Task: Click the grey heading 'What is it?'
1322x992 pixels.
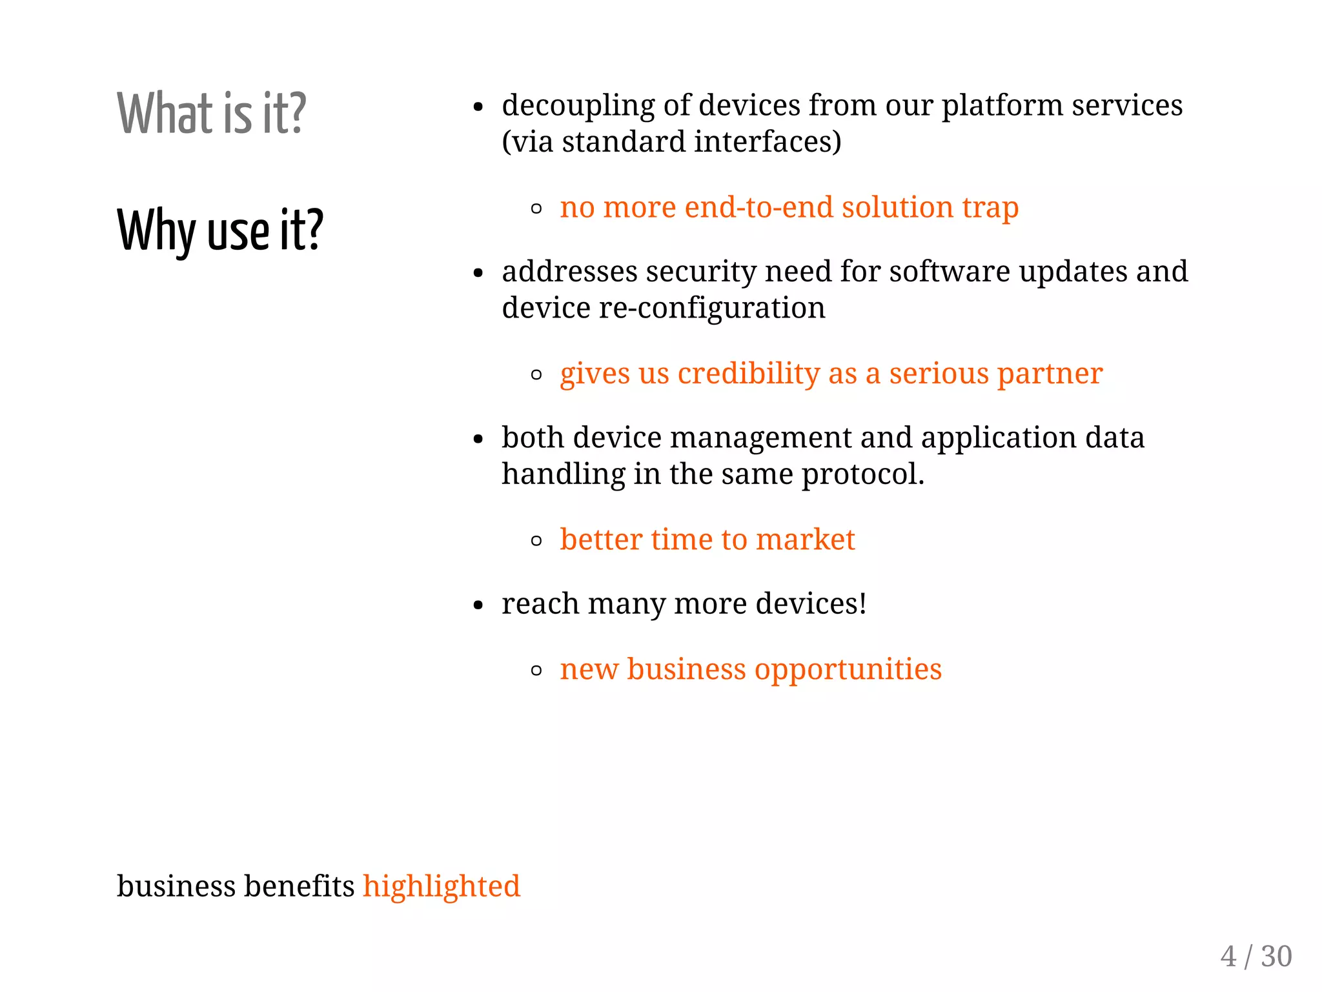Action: (x=211, y=114)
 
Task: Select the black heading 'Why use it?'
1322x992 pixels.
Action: (x=219, y=230)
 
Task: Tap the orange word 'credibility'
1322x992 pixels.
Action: (x=748, y=374)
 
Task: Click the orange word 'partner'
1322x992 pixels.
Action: (x=1050, y=374)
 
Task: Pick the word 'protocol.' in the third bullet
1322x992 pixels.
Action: (x=863, y=474)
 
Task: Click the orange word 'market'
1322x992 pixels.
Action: (x=805, y=540)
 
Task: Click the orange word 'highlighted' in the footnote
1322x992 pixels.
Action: (x=442, y=886)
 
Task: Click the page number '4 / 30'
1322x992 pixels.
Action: (x=1256, y=957)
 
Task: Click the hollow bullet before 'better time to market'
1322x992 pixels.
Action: (x=536, y=541)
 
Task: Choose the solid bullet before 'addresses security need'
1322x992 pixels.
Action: (x=478, y=274)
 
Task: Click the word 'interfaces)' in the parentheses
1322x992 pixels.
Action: (x=768, y=142)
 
